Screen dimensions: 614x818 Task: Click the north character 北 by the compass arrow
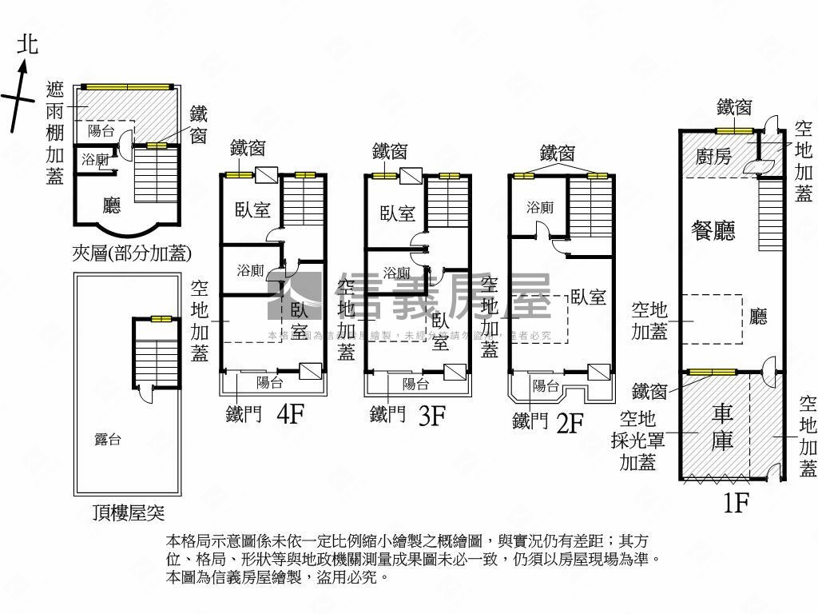[27, 44]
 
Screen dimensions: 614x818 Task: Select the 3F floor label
[432, 416]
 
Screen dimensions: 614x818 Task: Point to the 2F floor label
[570, 422]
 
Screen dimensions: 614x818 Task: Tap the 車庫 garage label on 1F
[722, 427]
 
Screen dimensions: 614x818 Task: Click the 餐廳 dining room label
[713, 230]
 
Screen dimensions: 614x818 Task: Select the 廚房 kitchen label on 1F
[713, 157]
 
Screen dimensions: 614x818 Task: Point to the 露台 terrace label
[108, 439]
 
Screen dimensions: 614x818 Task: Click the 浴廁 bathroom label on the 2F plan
[539, 207]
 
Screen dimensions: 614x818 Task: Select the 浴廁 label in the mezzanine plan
[95, 160]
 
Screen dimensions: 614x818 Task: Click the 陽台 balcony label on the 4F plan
[269, 383]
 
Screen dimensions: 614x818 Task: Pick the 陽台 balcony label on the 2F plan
[546, 386]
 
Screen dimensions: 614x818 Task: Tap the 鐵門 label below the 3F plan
[387, 415]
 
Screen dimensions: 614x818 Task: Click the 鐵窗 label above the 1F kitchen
[733, 106]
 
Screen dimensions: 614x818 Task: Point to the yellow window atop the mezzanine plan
[125, 86]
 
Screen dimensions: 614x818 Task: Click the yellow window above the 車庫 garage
[713, 372]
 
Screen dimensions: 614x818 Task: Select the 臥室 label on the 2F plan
[588, 297]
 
